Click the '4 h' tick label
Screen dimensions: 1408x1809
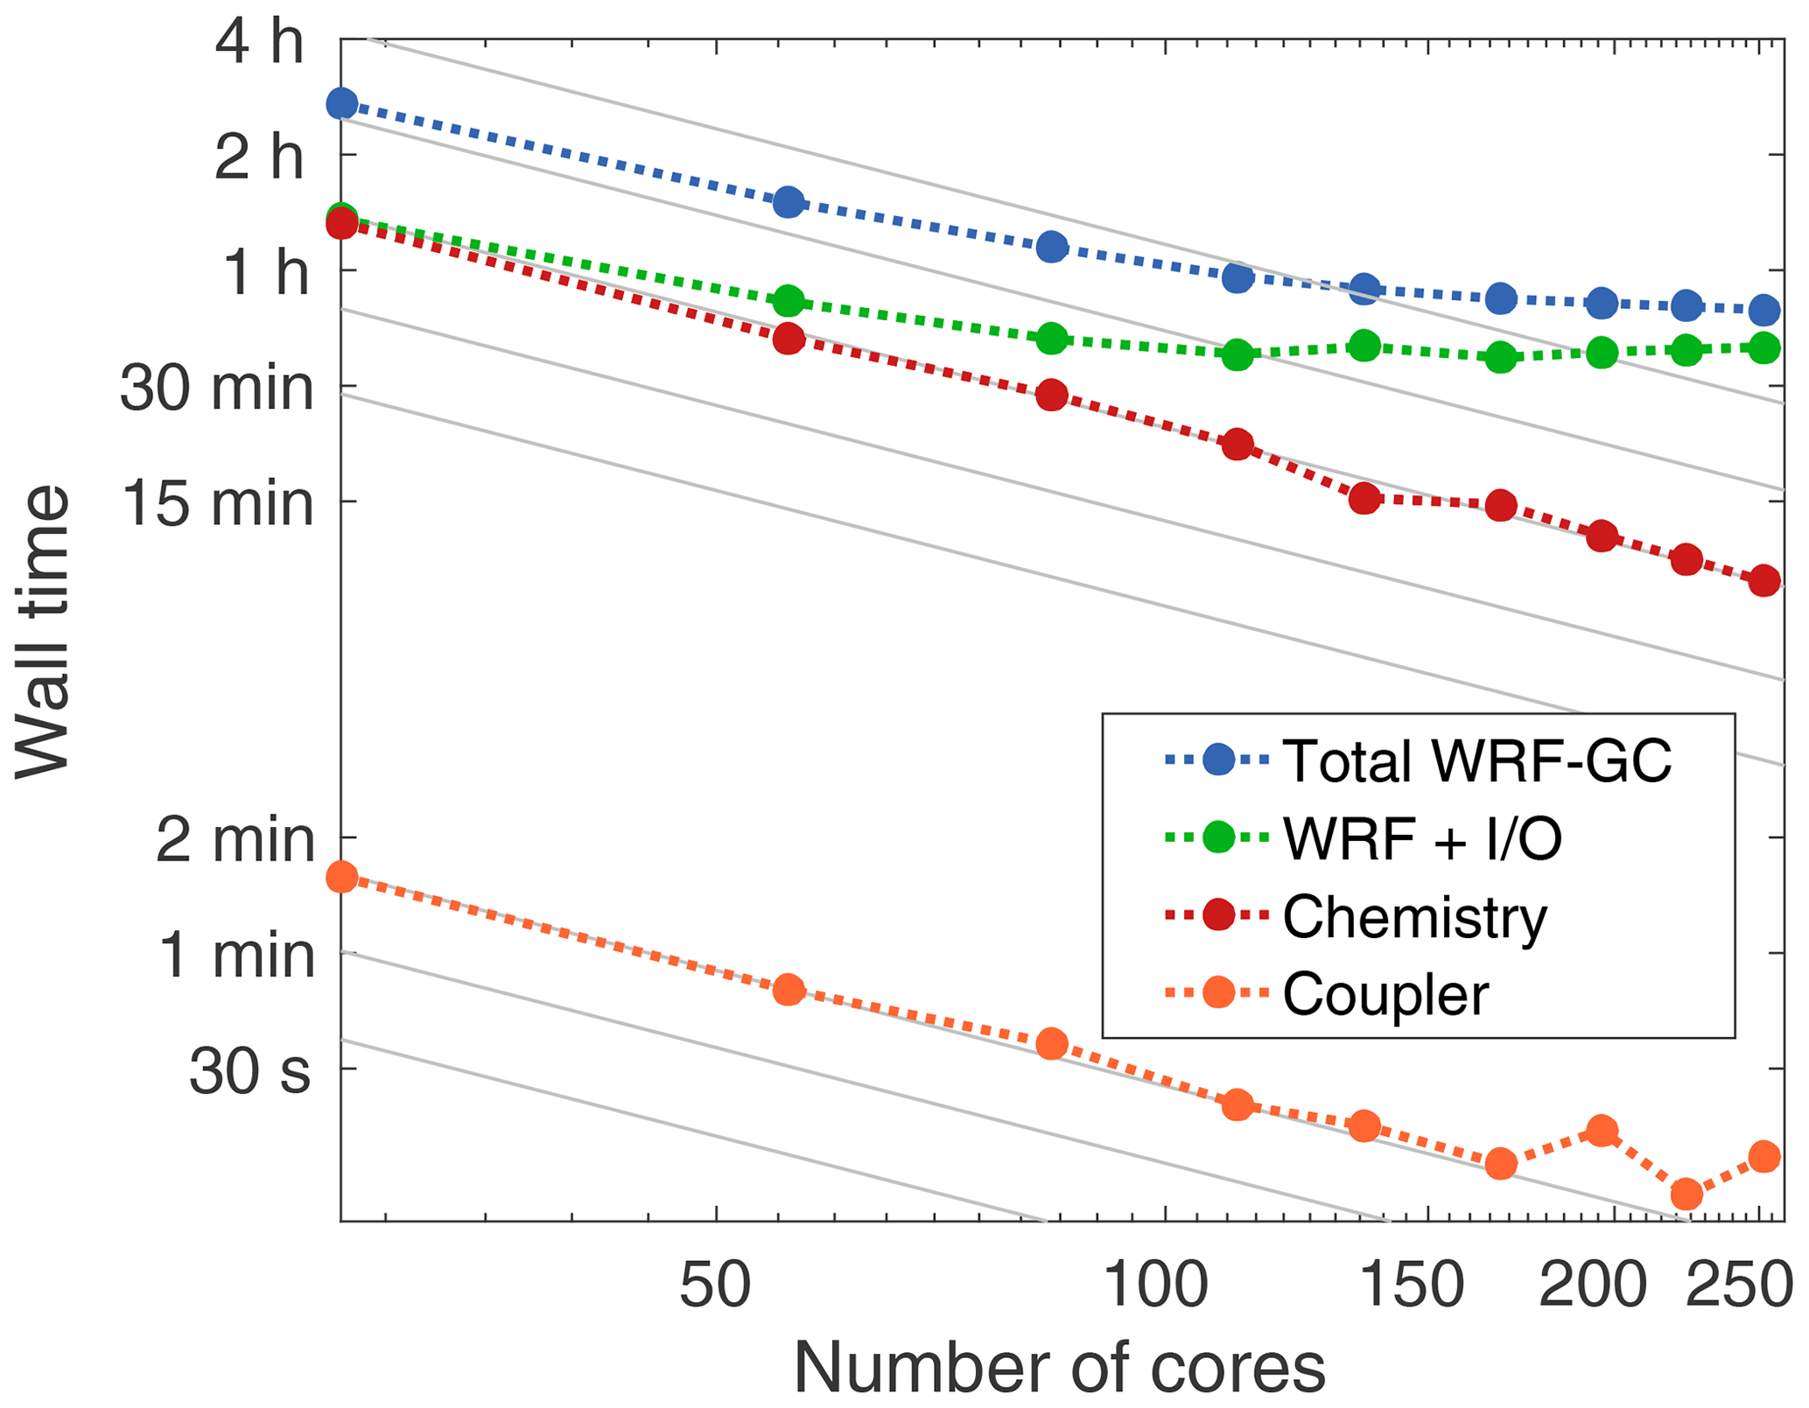coord(259,42)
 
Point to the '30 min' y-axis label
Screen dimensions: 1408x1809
coord(216,388)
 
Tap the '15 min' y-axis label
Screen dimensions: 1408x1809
coord(216,504)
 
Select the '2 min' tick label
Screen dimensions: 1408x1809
coord(235,840)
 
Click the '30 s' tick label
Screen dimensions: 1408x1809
coord(249,1071)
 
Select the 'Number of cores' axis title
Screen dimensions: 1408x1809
coord(1059,1368)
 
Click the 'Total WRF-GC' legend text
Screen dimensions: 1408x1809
coord(1477,760)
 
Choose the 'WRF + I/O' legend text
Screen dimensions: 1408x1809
coord(1422,838)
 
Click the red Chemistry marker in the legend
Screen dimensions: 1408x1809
coord(1218,915)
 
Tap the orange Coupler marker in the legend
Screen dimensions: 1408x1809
coord(1218,992)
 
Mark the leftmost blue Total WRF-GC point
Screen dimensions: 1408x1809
coord(341,104)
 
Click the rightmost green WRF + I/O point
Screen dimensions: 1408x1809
coord(1765,348)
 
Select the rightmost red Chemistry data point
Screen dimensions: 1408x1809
coord(1764,580)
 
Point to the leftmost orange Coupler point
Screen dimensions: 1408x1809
coord(341,877)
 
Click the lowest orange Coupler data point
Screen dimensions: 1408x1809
coord(1686,1193)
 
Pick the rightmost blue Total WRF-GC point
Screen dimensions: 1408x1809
coord(1765,310)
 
